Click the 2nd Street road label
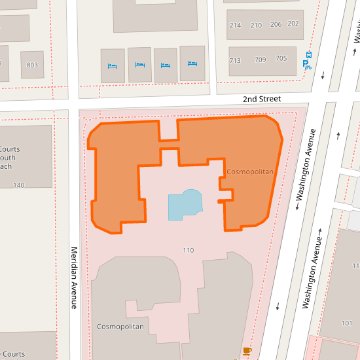(x=261, y=99)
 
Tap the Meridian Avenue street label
(x=74, y=277)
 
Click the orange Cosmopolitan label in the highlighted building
(x=249, y=171)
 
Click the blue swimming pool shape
(x=185, y=206)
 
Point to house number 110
(x=189, y=251)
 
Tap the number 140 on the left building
(x=18, y=185)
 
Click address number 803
(x=32, y=65)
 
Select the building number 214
(x=236, y=25)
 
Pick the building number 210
(x=256, y=25)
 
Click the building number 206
(x=276, y=25)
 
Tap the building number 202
(x=293, y=24)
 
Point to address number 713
(x=235, y=60)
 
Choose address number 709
(x=261, y=60)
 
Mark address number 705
(x=281, y=58)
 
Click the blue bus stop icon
(x=308, y=55)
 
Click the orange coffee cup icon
(x=247, y=351)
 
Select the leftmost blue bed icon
(x=112, y=66)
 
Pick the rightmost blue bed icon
(x=192, y=64)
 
